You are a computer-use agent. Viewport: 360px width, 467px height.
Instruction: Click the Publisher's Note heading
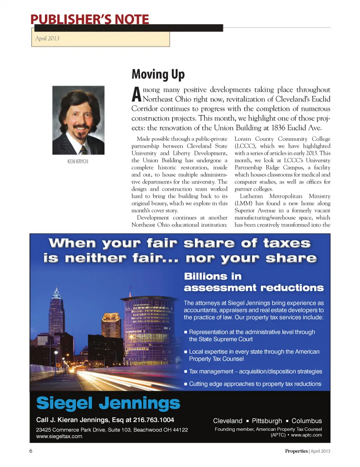tap(90, 19)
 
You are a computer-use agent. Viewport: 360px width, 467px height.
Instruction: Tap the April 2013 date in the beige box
tap(47, 38)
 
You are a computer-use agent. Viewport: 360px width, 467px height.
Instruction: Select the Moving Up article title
tap(158, 74)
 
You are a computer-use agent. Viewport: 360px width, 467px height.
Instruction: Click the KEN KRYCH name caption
tap(78, 161)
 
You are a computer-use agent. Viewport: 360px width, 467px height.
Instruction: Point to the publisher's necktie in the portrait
tap(83, 150)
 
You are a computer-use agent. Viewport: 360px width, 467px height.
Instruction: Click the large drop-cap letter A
tap(136, 95)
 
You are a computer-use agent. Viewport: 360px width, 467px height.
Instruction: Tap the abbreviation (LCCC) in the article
tap(245, 146)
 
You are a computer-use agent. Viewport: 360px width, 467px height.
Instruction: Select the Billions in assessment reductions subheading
tap(253, 282)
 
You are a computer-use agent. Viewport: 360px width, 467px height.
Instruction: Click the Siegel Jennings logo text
tap(108, 404)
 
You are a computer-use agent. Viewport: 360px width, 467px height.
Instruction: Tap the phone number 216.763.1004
tap(154, 420)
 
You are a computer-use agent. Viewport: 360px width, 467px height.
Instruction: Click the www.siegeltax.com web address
tap(59, 436)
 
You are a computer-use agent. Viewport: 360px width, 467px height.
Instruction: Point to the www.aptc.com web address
tap(306, 435)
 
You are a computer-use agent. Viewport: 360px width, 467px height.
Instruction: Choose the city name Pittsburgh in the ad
tap(267, 421)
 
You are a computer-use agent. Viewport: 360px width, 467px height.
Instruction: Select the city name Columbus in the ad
tap(306, 421)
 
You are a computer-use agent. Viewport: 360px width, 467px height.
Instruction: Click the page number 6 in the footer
tap(31, 451)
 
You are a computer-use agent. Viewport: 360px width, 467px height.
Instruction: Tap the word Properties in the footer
tap(296, 451)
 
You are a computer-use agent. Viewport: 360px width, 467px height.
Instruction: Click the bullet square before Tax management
tap(186, 372)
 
